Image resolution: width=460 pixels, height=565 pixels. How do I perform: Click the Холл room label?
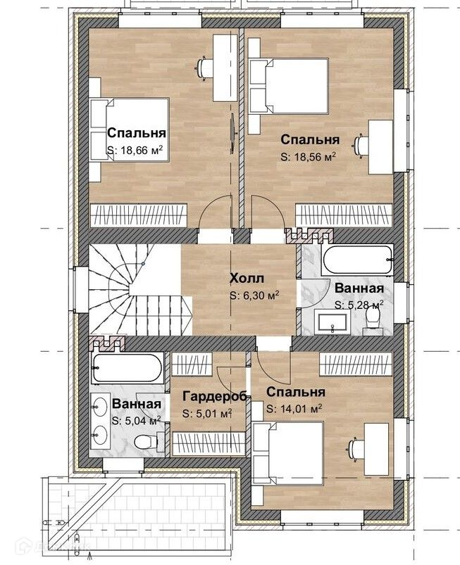pyautogui.click(x=247, y=279)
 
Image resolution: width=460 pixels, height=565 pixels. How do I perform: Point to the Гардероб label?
pyautogui.click(x=215, y=396)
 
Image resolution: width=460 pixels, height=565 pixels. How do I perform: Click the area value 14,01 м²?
pyautogui.click(x=294, y=409)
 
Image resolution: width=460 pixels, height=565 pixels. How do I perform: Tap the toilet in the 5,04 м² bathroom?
pyautogui.click(x=146, y=440)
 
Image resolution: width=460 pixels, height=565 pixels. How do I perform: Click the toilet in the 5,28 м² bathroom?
pyautogui.click(x=372, y=319)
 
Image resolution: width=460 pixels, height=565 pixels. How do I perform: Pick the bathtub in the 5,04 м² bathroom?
pyautogui.click(x=127, y=368)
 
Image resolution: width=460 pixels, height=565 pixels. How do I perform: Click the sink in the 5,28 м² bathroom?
pyautogui.click(x=332, y=322)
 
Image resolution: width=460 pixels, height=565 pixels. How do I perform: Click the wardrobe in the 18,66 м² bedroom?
pyautogui.click(x=139, y=215)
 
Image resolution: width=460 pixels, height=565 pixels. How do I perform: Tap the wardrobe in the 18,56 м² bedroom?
pyautogui.click(x=344, y=215)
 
